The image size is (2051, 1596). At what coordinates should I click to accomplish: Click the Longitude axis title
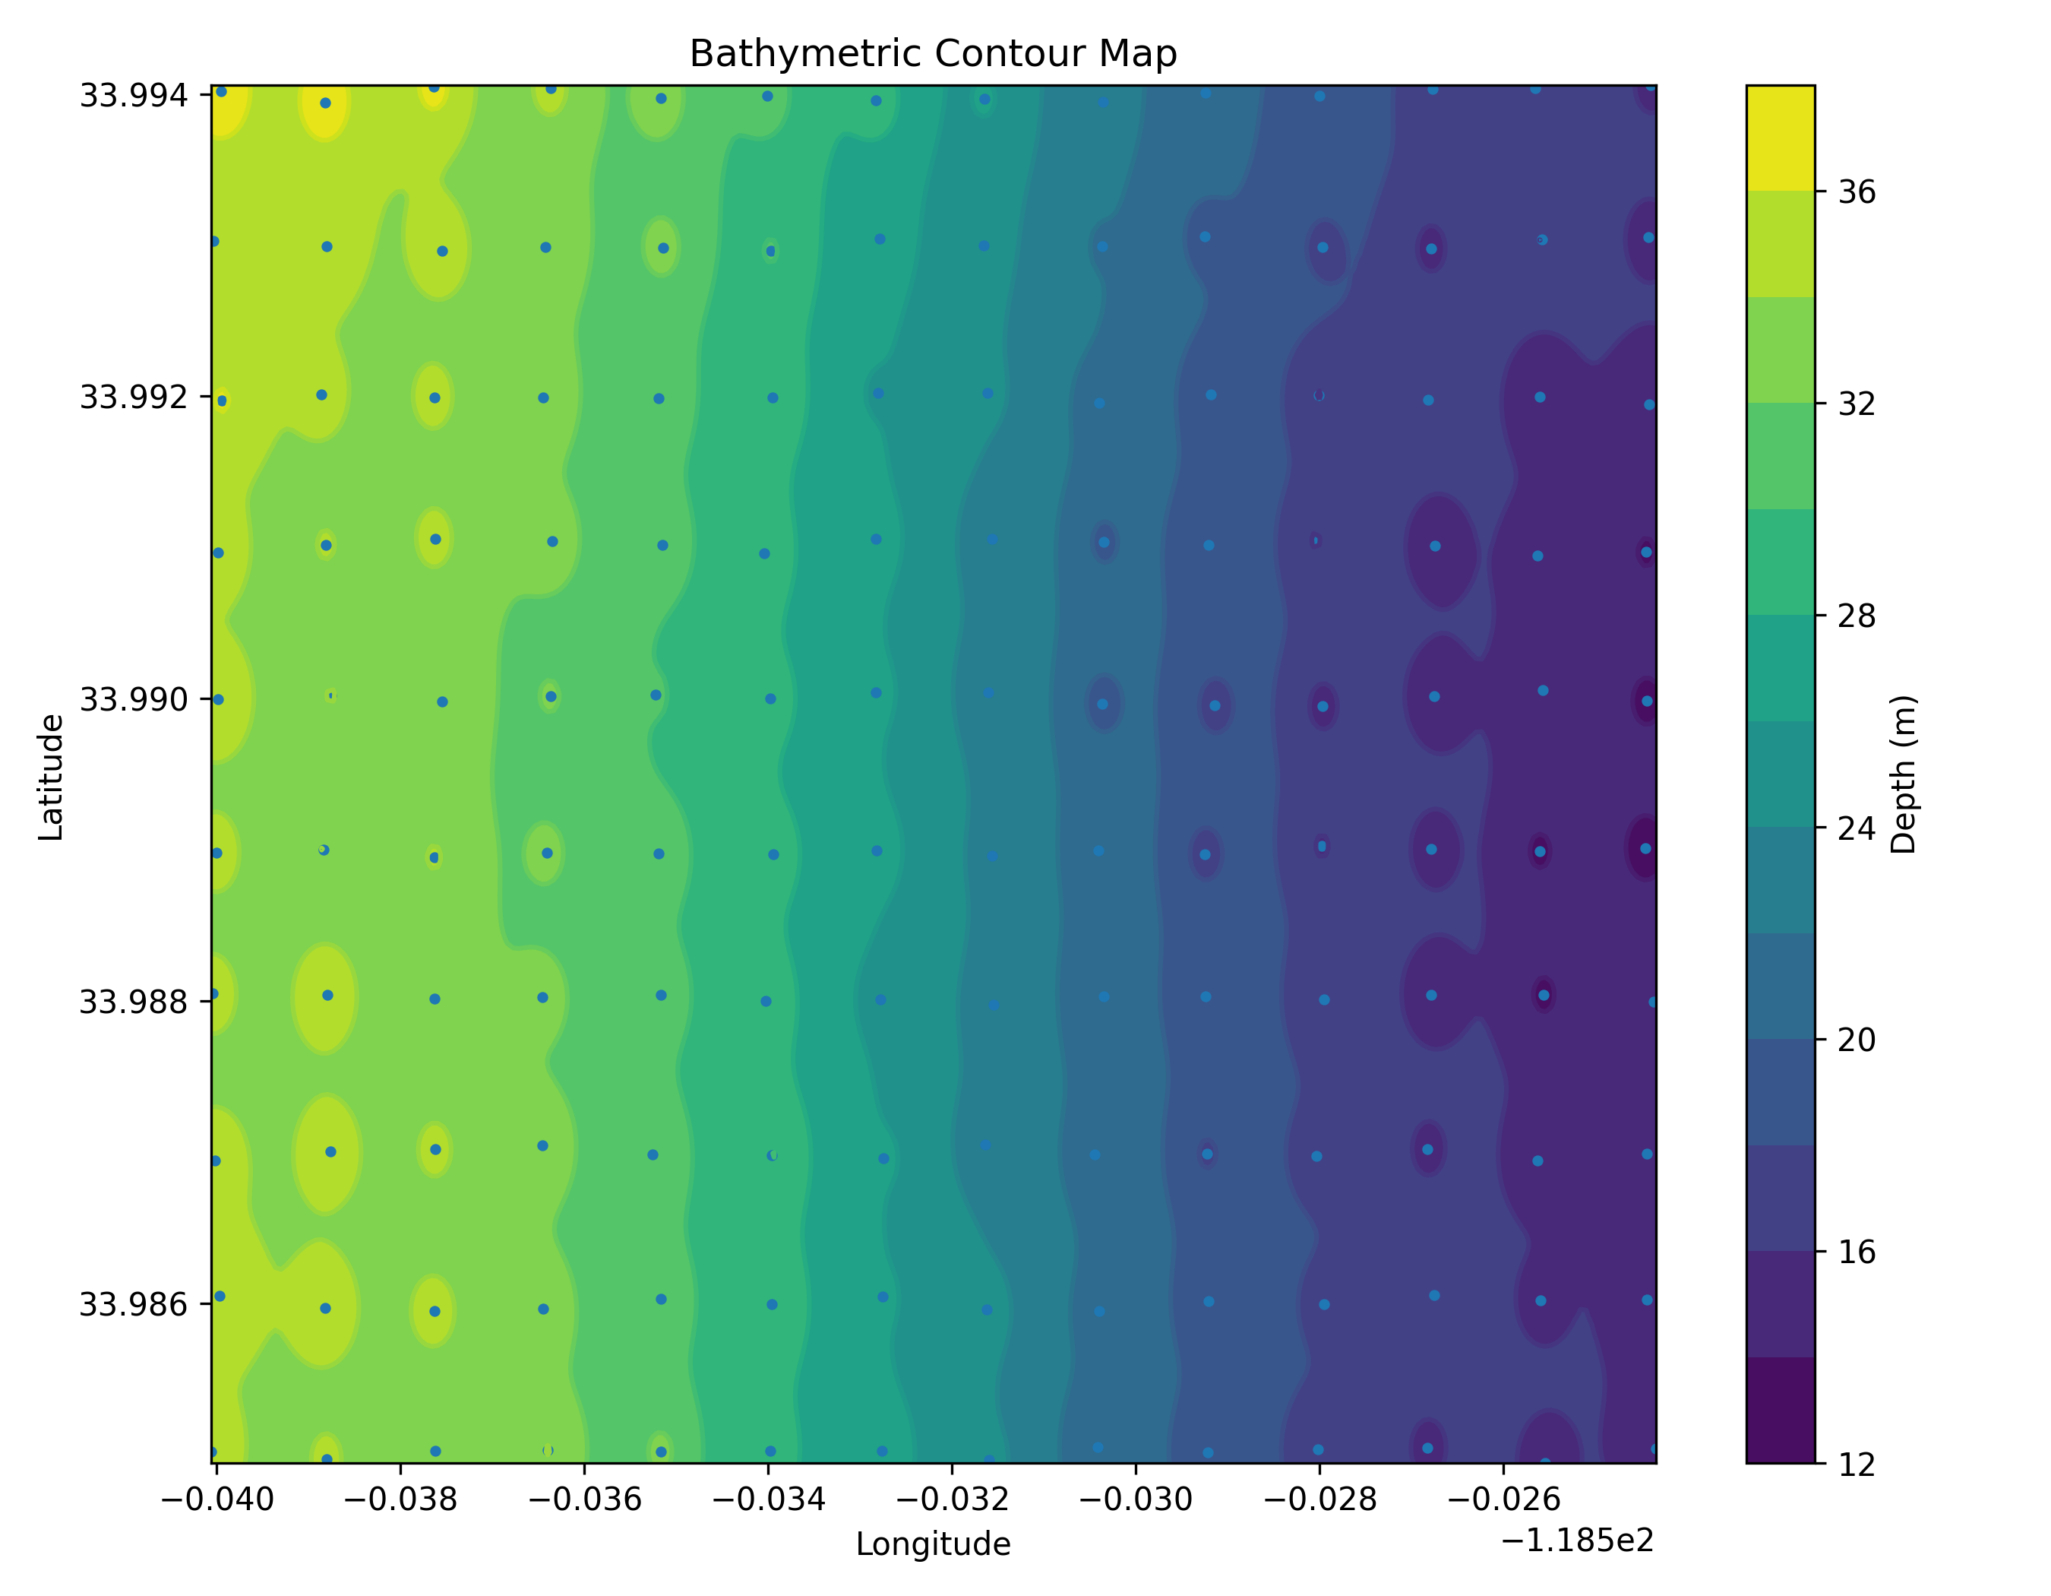click(x=933, y=1544)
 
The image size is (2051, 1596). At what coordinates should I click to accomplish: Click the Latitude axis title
click(x=51, y=777)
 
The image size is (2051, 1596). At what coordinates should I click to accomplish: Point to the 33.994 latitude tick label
click(x=134, y=96)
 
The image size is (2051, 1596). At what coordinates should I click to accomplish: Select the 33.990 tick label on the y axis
click(x=134, y=700)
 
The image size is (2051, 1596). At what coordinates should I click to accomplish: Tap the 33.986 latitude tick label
click(x=134, y=1304)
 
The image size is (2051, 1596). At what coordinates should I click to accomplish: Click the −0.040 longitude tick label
click(x=217, y=1500)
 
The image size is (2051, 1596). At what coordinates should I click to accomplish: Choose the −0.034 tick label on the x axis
click(x=768, y=1500)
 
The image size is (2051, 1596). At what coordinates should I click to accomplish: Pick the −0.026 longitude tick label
click(x=1503, y=1500)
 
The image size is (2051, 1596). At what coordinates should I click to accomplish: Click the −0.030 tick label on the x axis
click(x=1136, y=1500)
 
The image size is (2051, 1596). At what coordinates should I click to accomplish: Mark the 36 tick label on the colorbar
click(x=1857, y=192)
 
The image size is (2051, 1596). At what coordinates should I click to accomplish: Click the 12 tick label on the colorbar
click(x=1857, y=1465)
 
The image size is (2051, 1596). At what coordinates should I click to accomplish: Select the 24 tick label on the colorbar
click(x=1857, y=828)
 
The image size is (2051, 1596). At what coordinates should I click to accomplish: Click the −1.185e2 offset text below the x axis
click(x=1578, y=1541)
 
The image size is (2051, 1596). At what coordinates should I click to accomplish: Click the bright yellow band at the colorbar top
click(x=1781, y=138)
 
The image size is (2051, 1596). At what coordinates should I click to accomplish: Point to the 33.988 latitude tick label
click(x=134, y=1002)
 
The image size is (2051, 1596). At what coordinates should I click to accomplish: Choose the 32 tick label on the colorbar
click(x=1857, y=404)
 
